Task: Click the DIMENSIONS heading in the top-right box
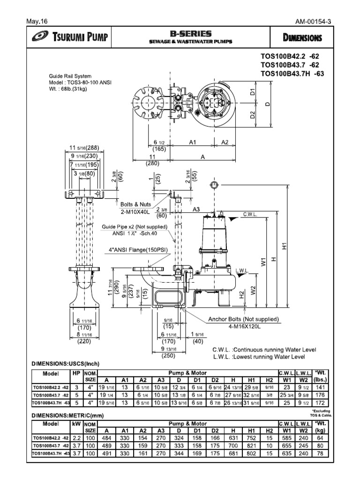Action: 302,37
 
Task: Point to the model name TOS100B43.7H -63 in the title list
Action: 292,74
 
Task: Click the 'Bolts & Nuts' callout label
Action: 134,204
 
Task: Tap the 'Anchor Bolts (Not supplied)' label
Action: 244,319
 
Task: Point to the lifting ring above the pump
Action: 213,183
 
